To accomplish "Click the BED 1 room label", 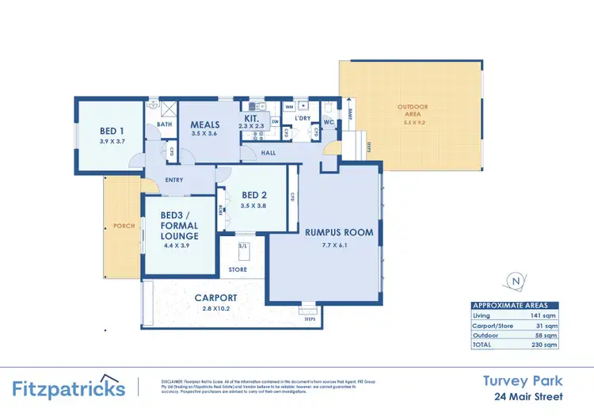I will point(111,131).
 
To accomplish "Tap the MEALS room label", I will point(205,125).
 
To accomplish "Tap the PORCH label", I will point(124,226).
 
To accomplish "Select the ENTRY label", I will point(174,179).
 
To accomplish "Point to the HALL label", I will point(268,152).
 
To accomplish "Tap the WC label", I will point(329,122).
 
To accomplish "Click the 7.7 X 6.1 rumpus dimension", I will point(338,245).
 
